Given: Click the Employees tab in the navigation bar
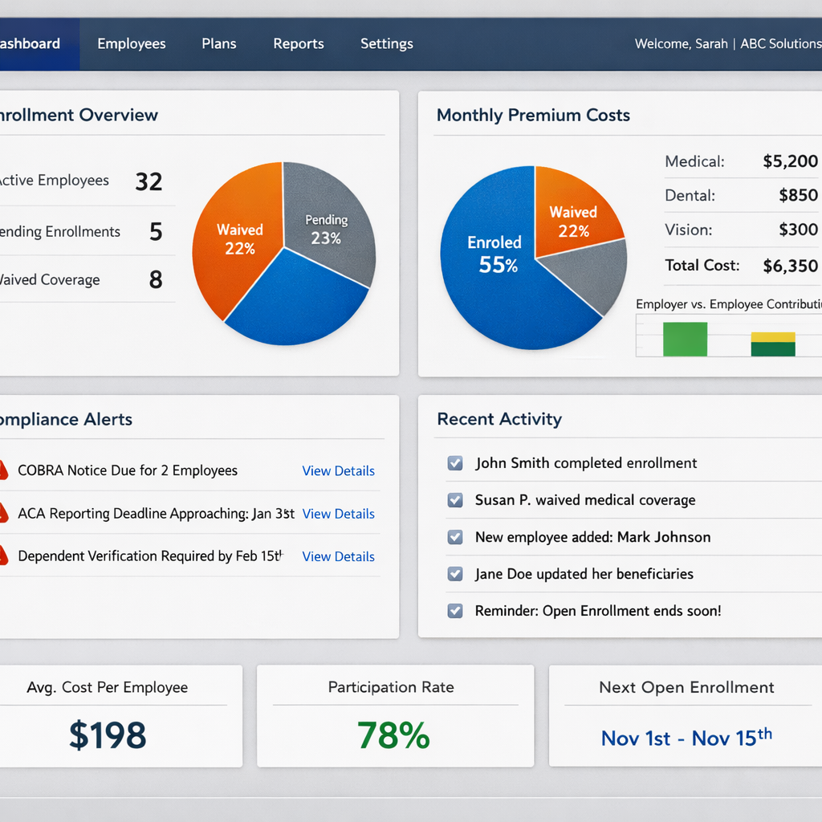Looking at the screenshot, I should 132,44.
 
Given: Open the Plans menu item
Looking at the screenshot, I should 218,44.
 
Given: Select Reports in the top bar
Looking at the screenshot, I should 299,44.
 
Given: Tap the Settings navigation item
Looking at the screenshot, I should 387,44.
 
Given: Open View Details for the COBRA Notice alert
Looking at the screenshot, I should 338,471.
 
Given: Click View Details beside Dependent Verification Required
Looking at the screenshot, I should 338,556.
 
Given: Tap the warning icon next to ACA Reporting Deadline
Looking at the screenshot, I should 3,513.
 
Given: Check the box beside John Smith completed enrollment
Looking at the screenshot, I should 455,463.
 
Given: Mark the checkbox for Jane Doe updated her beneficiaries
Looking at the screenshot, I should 455,574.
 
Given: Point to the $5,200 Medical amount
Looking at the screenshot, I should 790,161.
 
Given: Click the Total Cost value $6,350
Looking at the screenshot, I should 790,266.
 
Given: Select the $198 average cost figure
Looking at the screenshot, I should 108,735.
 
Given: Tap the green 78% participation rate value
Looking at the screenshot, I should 393,735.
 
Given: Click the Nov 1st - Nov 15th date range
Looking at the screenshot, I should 686,737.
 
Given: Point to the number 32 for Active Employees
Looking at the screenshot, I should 149,181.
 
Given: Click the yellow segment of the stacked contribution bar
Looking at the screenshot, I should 773,337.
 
